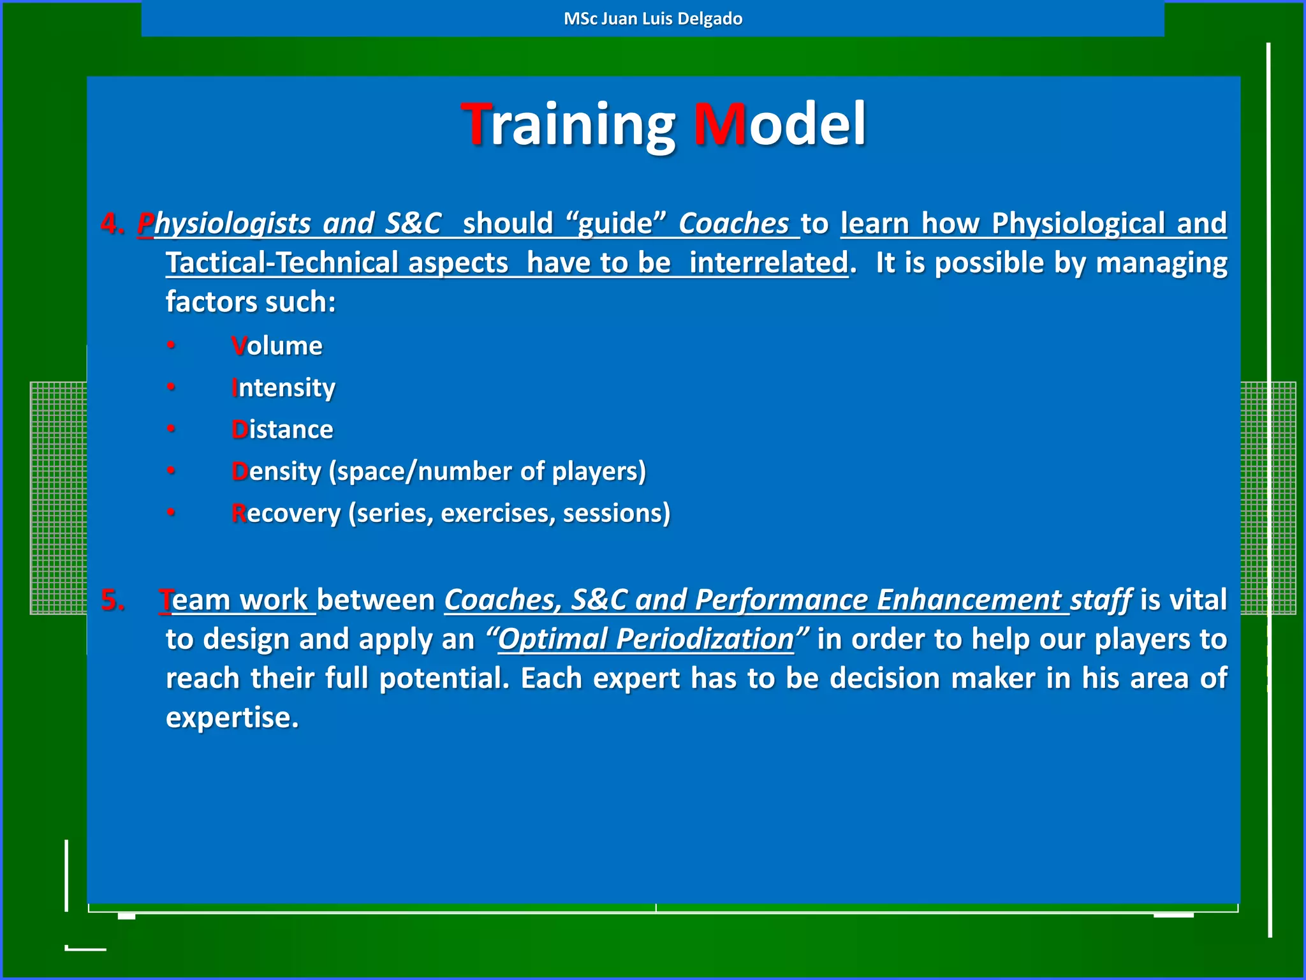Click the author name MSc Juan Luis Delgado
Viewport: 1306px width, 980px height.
(x=653, y=19)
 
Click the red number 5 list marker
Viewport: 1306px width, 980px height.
(x=112, y=600)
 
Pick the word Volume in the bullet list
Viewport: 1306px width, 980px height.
(x=277, y=346)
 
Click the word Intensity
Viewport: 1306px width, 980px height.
(x=283, y=388)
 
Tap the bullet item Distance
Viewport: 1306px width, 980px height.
(x=282, y=429)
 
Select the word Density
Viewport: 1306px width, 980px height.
(x=276, y=471)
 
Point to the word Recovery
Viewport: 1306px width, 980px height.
(x=286, y=514)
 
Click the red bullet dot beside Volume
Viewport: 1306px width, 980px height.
(x=171, y=345)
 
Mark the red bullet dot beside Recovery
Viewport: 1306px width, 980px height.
(x=171, y=512)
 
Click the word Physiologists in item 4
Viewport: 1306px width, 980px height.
(x=224, y=224)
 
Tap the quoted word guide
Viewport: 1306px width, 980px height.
(x=615, y=224)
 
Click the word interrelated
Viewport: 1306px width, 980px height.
(x=768, y=263)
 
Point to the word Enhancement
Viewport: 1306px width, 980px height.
(x=969, y=600)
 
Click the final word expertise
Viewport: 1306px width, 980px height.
(x=231, y=718)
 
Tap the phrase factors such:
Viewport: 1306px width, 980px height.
(x=251, y=302)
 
